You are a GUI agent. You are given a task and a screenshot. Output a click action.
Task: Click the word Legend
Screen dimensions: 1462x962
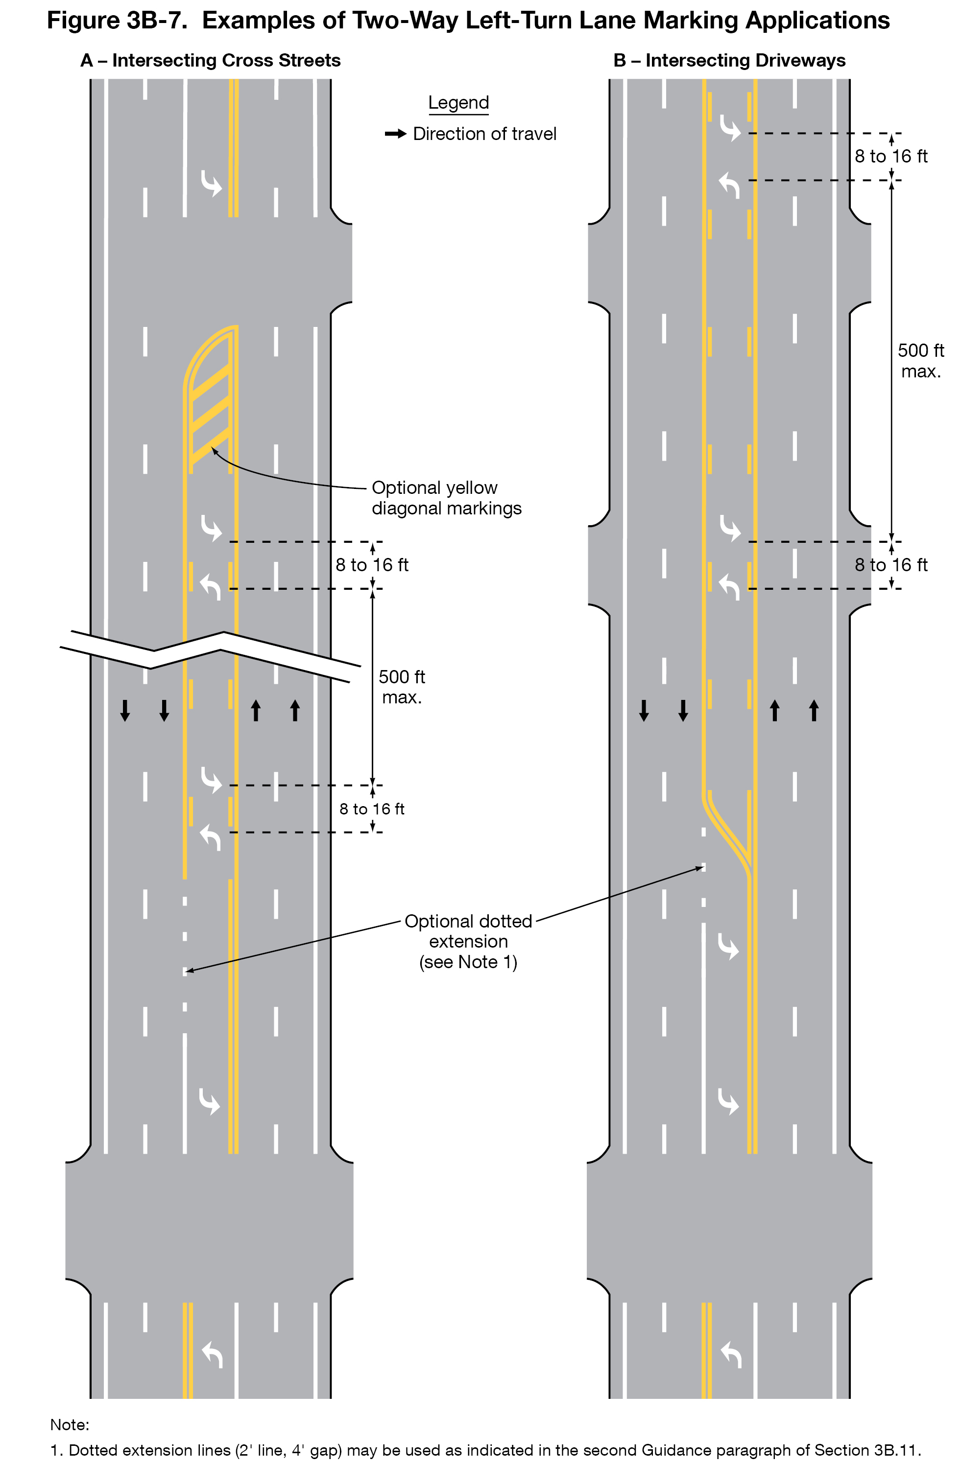pos(458,103)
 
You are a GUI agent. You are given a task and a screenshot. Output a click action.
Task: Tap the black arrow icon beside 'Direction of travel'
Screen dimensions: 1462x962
pos(395,134)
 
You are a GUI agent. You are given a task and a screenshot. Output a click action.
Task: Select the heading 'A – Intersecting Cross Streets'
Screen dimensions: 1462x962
pos(210,60)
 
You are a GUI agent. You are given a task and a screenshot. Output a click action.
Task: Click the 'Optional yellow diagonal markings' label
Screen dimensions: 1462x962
pos(446,498)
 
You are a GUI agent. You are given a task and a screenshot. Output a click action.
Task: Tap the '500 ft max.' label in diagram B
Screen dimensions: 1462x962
pos(920,361)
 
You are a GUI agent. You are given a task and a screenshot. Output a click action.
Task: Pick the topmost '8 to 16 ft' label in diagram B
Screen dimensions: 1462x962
pos(890,157)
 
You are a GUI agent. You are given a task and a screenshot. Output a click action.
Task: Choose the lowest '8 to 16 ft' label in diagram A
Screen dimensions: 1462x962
pos(372,809)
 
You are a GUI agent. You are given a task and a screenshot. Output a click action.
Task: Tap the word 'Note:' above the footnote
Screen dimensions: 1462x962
pos(70,1424)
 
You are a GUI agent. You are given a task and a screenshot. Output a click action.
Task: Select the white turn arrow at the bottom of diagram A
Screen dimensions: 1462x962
pos(212,1354)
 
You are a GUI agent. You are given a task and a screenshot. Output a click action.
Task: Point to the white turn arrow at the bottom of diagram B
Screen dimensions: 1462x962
pos(731,1354)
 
